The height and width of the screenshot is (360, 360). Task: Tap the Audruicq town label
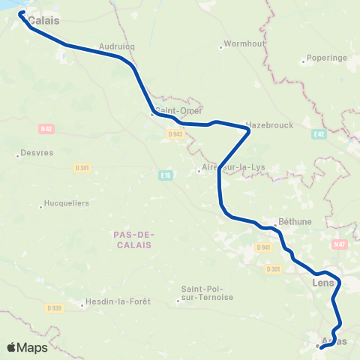[115, 45]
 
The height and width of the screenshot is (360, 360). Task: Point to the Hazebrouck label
[269, 124]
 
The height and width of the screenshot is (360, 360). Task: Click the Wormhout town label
[241, 46]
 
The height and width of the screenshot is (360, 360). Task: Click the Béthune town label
[295, 222]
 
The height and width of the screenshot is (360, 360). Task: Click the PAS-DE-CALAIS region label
[133, 239]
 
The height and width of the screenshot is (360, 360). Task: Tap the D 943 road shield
[175, 134]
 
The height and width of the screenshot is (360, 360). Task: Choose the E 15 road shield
[166, 175]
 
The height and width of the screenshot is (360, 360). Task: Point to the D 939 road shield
[52, 307]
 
